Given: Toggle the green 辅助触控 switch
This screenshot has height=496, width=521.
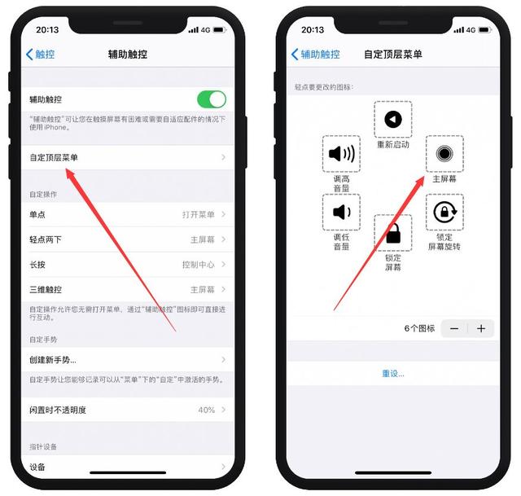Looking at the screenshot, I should pyautogui.click(x=211, y=99).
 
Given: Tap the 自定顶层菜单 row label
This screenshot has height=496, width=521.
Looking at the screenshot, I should pyautogui.click(x=54, y=156).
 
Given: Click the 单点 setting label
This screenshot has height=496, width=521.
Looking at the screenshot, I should pyautogui.click(x=38, y=214).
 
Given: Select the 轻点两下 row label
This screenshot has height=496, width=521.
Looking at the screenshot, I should pyautogui.click(x=46, y=239).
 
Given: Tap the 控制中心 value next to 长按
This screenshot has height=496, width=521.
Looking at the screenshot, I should pyautogui.click(x=198, y=265).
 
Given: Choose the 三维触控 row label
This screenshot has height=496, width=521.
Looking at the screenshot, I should pyautogui.click(x=46, y=289).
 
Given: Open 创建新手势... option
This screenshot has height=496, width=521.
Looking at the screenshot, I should pyautogui.click(x=59, y=359).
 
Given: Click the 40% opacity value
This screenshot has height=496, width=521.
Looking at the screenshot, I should pyautogui.click(x=206, y=410).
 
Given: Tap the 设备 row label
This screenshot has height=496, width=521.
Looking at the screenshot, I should pyautogui.click(x=37, y=467).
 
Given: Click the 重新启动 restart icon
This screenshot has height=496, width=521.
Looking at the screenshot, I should pyautogui.click(x=392, y=120).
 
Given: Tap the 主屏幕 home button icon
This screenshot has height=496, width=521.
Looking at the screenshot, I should pyautogui.click(x=444, y=154).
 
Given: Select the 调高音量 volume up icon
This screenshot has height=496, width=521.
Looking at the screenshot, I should pyautogui.click(x=341, y=154).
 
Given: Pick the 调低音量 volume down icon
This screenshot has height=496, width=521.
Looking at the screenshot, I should pyautogui.click(x=341, y=213).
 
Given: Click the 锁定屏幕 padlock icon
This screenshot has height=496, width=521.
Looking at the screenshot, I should pyautogui.click(x=392, y=234).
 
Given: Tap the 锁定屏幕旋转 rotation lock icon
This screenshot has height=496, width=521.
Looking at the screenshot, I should pyautogui.click(x=444, y=213).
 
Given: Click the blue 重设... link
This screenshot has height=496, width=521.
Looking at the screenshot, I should pyautogui.click(x=392, y=373).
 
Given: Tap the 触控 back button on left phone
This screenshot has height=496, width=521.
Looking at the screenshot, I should pyautogui.click(x=41, y=55).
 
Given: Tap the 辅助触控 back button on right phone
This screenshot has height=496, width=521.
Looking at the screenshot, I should pyautogui.click(x=315, y=55).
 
